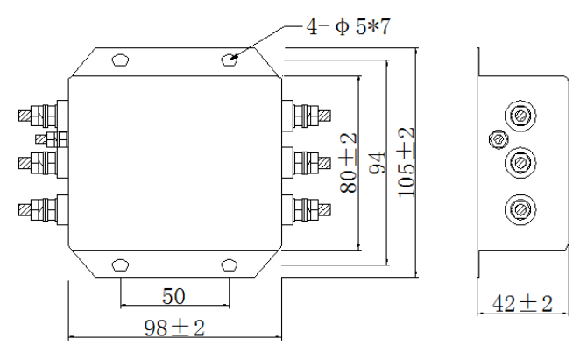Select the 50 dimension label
(173, 293)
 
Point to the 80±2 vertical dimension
(348, 163)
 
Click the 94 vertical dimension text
(376, 163)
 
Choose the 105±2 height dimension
(406, 163)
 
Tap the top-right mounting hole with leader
(229, 60)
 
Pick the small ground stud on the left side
(50, 138)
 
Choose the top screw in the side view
(519, 116)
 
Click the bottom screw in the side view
(519, 208)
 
